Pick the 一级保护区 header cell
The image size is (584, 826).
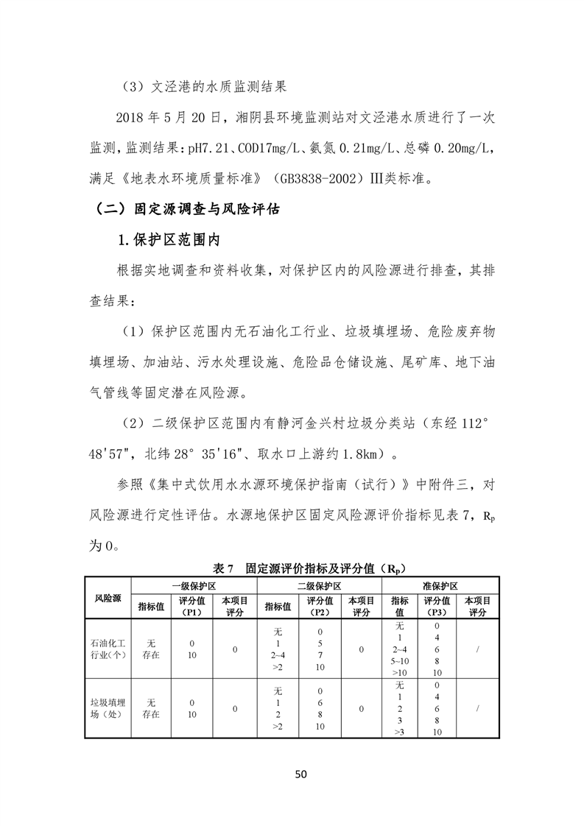coord(193,586)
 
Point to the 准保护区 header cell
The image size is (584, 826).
coord(440,586)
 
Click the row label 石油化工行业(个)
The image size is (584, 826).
coord(108,650)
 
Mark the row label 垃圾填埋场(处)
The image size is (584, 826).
coord(108,708)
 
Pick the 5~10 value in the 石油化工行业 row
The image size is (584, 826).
coord(400,661)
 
